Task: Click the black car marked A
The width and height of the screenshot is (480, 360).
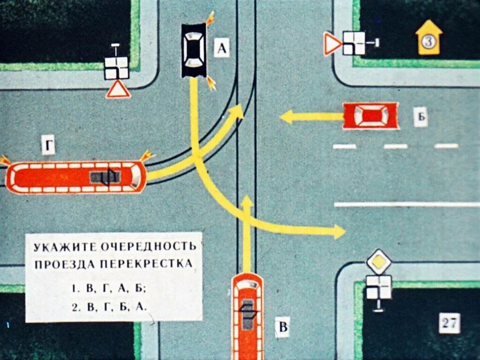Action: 194,50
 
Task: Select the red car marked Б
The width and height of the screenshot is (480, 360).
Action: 371,116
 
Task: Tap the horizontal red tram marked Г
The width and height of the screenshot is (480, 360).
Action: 76,177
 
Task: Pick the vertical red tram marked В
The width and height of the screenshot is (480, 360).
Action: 247,314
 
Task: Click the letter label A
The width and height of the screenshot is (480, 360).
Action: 222,48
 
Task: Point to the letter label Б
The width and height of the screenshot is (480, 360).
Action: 420,117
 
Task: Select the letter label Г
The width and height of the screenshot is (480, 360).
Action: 48,147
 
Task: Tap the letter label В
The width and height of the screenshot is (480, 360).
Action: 282,326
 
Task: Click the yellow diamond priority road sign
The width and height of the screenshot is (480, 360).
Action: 379,262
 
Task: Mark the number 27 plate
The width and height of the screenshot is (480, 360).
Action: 450,323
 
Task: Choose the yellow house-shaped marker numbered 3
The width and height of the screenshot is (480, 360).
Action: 428,38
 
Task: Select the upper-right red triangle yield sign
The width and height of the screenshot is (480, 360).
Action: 333,45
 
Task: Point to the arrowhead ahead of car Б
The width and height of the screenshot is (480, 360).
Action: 286,117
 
